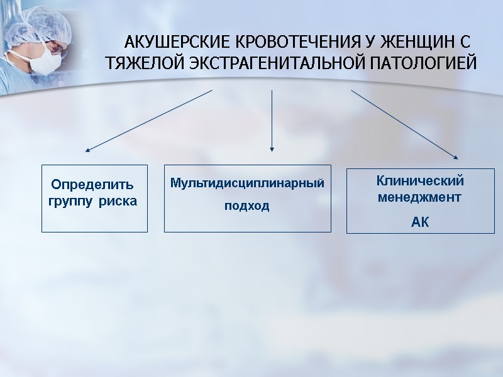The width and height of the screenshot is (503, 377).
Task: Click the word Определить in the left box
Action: [x=92, y=185]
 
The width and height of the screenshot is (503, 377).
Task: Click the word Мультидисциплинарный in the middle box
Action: [x=247, y=183]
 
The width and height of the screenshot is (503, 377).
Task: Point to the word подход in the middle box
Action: [x=247, y=206]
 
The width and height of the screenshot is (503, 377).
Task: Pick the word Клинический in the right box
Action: [x=420, y=181]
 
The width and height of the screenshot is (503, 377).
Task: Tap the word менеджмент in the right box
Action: [x=419, y=197]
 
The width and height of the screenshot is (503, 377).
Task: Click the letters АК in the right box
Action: [x=419, y=222]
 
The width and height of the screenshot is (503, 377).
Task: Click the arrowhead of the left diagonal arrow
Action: [x=87, y=151]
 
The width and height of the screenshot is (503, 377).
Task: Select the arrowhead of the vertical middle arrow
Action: [x=272, y=149]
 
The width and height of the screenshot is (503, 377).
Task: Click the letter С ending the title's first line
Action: [x=465, y=43]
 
